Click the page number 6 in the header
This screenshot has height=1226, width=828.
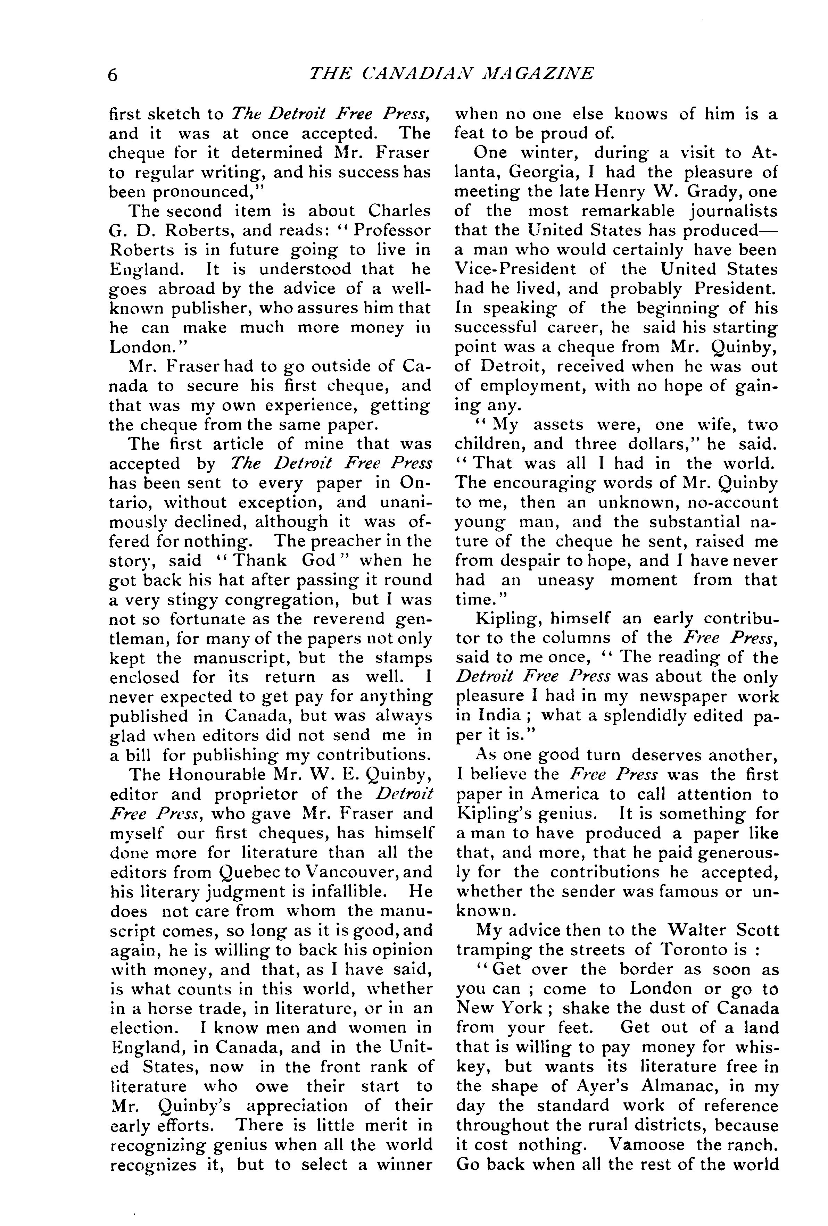coord(113,75)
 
